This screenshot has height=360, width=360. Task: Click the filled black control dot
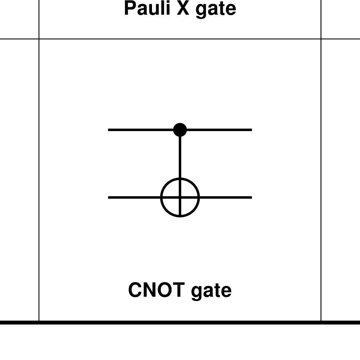coord(180,130)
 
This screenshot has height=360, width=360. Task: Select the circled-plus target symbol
coord(180,197)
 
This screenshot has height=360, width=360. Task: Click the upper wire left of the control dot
coord(140,130)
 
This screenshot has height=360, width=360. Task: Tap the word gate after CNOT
coord(211,291)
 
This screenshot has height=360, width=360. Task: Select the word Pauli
coord(147,8)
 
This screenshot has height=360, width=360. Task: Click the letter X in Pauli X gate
coord(183,8)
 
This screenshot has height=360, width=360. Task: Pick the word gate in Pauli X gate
coord(216,10)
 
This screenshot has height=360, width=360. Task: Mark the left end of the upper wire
coord(109,130)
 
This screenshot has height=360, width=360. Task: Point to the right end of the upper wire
coord(251,130)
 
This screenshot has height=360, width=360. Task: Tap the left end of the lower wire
coord(109,197)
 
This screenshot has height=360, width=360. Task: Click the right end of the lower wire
coord(251,197)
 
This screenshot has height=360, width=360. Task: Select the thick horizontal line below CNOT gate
coord(180,323)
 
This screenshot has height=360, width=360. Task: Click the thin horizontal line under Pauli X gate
coord(180,39)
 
